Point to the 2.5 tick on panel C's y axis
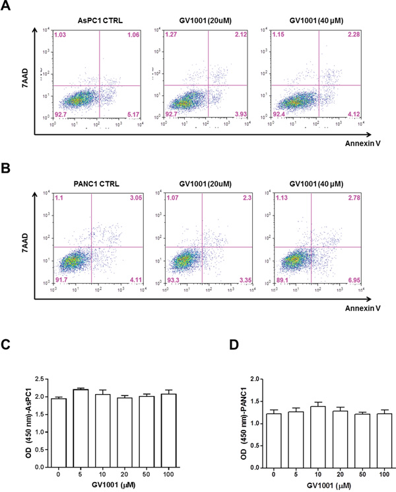(28, 380)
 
